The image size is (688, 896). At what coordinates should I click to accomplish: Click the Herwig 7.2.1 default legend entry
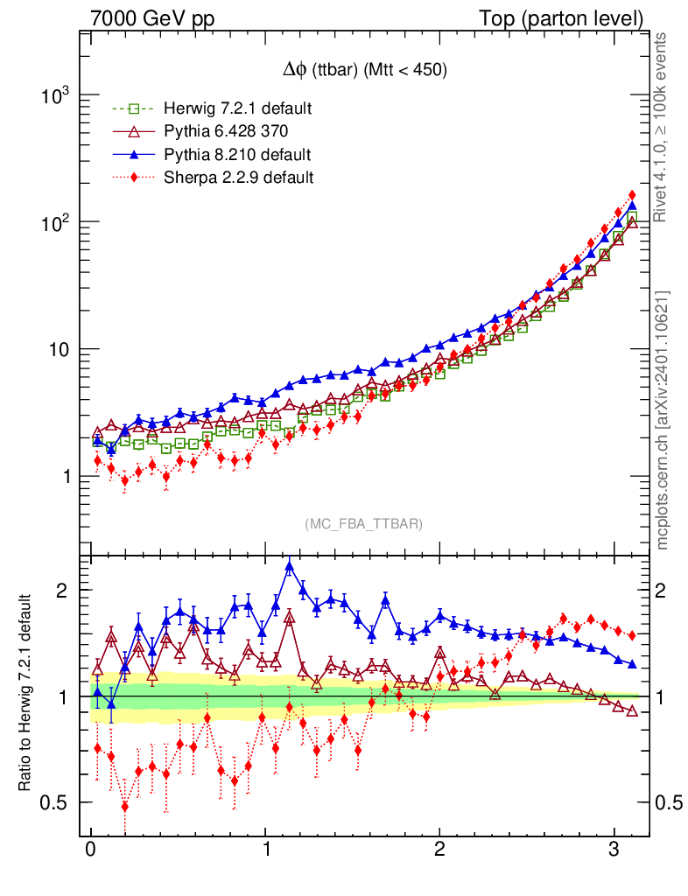(x=237, y=108)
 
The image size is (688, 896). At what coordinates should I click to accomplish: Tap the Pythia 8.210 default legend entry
(x=237, y=155)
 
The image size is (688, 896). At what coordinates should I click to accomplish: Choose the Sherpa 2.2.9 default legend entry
(x=239, y=178)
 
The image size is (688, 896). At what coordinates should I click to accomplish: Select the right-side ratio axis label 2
(x=666, y=590)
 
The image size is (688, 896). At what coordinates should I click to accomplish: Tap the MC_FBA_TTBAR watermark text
(x=363, y=523)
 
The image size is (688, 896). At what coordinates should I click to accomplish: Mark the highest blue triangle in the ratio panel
(x=290, y=566)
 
